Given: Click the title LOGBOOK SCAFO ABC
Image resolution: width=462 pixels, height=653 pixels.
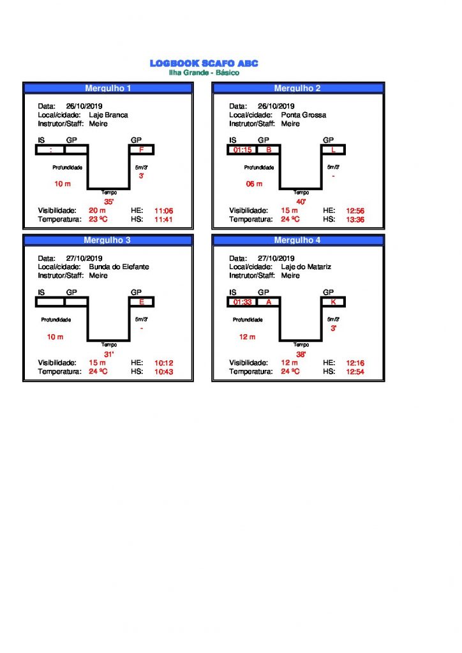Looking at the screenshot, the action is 204,63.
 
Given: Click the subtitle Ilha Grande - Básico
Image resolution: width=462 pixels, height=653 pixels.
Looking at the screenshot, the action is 204,73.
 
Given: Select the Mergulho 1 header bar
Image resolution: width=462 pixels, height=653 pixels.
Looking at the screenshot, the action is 108,88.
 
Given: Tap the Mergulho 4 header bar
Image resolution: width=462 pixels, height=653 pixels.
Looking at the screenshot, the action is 297,240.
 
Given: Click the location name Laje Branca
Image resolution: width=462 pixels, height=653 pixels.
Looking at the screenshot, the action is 108,115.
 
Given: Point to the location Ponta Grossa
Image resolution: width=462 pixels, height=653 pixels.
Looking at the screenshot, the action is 303,115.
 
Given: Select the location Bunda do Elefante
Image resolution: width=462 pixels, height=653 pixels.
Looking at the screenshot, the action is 119,267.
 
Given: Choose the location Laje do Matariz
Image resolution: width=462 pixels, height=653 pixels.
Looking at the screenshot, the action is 306,267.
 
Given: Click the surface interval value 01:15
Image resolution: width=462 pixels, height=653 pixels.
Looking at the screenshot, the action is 242,150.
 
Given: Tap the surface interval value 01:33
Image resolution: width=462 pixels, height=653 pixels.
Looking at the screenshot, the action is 242,302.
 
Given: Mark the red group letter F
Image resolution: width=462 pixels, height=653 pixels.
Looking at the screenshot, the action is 141,150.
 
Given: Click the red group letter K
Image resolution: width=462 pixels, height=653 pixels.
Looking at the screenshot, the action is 333,302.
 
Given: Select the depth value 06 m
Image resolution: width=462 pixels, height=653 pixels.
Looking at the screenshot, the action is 254,184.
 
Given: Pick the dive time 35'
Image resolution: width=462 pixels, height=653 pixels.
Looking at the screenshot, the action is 108,202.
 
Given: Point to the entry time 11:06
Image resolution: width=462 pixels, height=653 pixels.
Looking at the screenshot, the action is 164,210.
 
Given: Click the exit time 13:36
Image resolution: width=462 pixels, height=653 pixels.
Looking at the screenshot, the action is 355,219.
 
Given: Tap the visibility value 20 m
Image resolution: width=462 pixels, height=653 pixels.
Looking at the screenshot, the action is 97,210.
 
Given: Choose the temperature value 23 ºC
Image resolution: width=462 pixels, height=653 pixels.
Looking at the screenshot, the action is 98,219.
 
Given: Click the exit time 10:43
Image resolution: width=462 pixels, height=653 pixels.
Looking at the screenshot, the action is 164,372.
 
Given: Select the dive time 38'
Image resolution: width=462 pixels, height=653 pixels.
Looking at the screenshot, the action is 301,355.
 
